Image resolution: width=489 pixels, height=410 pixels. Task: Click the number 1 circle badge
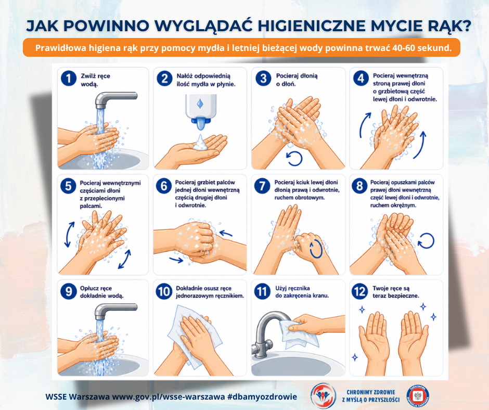coord(69,78)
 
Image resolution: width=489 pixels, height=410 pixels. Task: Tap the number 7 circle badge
coord(262,186)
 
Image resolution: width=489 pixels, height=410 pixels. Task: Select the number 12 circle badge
coord(359,291)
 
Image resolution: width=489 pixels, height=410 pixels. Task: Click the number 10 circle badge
coord(164,291)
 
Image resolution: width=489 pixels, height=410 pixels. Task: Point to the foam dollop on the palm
coord(200,143)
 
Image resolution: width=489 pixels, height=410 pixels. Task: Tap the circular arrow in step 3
coord(294,159)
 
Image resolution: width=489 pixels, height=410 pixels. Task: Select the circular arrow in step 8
coord(426,241)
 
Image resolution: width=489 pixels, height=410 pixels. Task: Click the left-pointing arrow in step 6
coord(226,234)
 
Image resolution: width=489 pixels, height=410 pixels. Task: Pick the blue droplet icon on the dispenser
coord(200,104)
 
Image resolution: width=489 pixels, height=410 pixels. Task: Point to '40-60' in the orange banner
coord(403,48)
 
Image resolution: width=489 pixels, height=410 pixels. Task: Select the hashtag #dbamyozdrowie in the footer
coord(262,396)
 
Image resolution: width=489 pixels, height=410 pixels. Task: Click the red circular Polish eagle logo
coord(418,396)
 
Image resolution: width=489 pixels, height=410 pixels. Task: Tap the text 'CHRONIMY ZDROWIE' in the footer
coord(371,392)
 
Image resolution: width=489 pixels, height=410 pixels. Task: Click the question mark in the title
coord(465,26)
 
